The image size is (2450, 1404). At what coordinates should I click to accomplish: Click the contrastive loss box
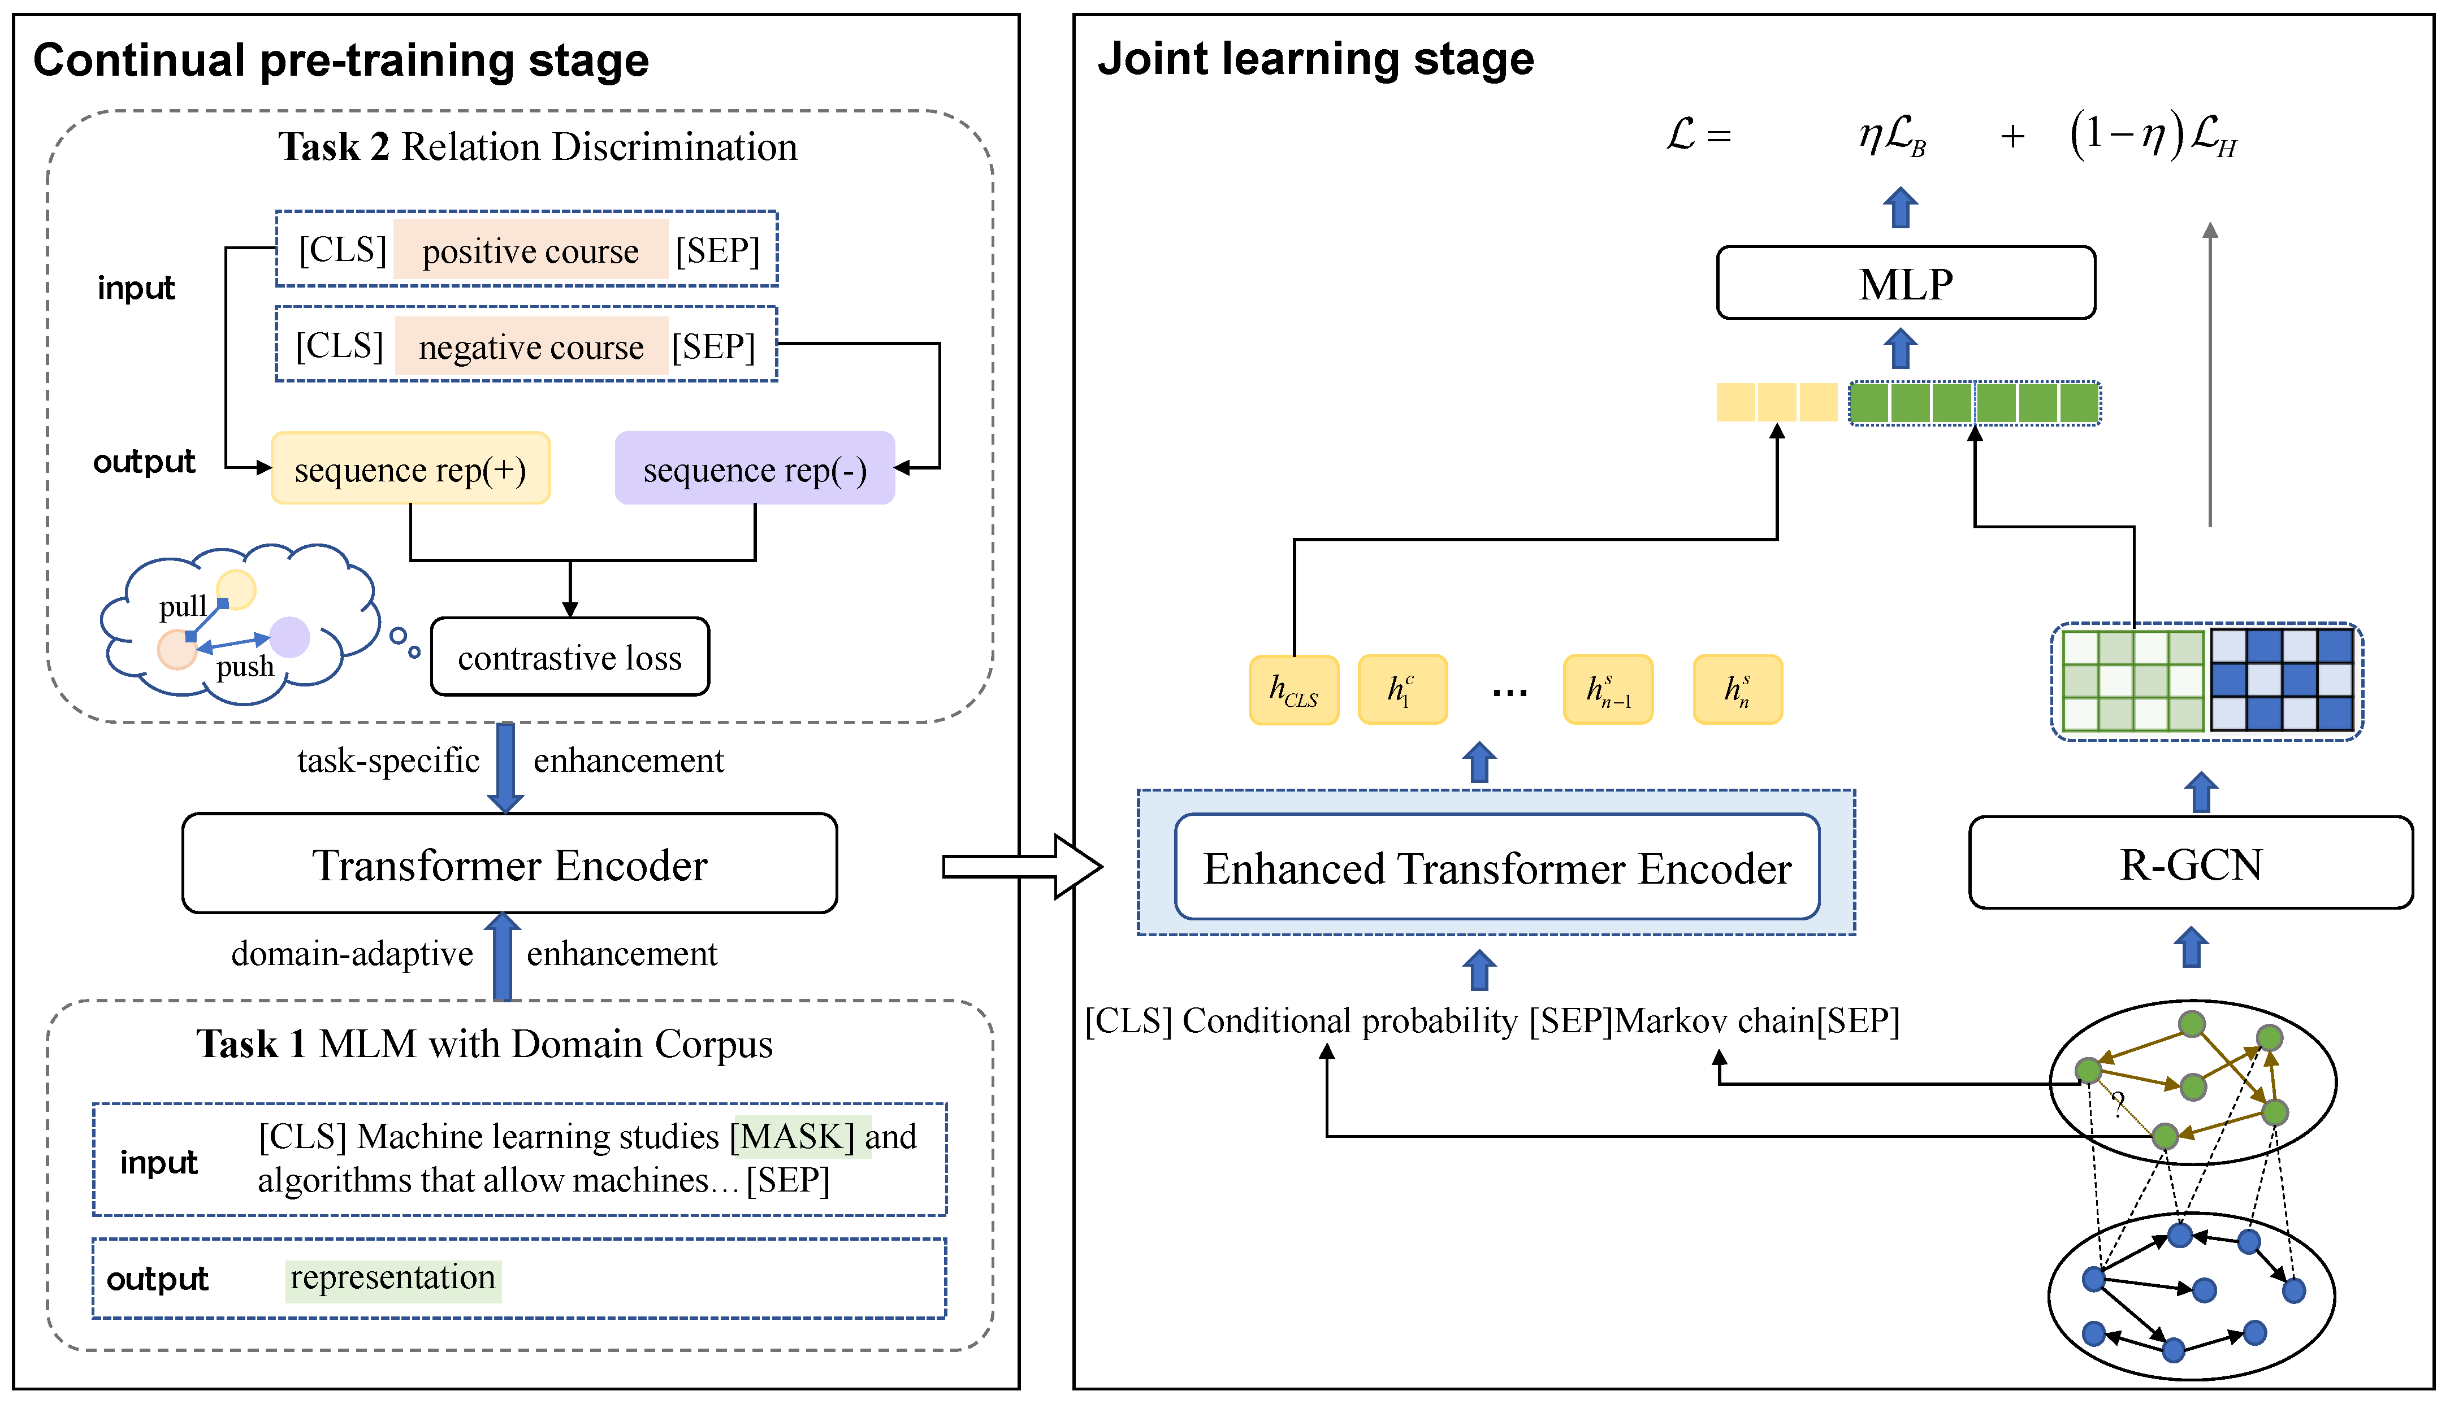[569, 658]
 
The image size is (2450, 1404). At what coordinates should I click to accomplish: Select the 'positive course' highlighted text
[530, 251]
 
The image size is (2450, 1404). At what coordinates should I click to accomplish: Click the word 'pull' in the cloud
[182, 607]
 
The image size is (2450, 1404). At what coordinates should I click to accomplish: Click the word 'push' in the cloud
[245, 666]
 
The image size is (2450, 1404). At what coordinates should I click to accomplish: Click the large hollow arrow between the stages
[1020, 866]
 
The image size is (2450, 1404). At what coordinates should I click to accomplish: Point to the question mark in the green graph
[2117, 1103]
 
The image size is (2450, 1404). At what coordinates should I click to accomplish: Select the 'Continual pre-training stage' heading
[340, 61]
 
